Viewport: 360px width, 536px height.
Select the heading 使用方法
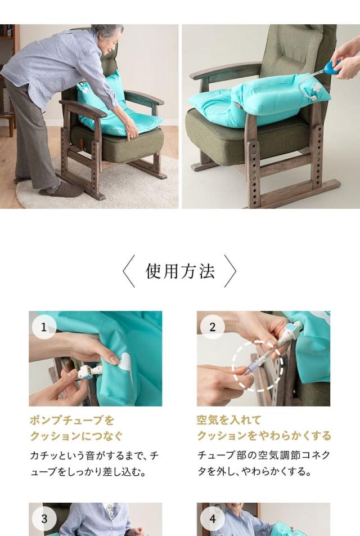(x=179, y=271)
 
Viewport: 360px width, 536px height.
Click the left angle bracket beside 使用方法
(x=129, y=271)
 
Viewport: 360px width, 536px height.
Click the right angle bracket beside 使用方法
(x=230, y=271)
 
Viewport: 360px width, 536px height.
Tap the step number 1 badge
(x=44, y=327)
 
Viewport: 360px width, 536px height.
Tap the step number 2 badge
(x=212, y=327)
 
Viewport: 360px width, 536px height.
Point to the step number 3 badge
(x=44, y=519)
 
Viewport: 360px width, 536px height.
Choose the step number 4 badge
(x=212, y=519)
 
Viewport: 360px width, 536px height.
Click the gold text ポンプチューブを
(x=72, y=420)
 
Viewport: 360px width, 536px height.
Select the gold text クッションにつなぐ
(x=76, y=436)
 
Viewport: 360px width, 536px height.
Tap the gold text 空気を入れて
(x=229, y=420)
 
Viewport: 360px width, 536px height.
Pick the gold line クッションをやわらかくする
(x=264, y=436)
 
